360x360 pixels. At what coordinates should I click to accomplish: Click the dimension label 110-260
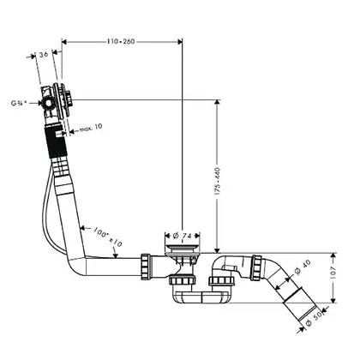click(121, 42)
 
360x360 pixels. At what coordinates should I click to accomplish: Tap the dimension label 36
click(44, 54)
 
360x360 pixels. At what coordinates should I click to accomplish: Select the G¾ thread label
click(19, 103)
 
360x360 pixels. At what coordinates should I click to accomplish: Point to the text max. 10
click(91, 128)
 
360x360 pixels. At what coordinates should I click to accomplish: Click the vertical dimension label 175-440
click(218, 182)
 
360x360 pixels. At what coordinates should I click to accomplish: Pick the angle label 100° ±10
click(107, 237)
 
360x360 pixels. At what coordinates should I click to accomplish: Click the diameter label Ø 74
click(182, 236)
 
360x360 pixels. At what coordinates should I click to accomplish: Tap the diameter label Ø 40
click(303, 267)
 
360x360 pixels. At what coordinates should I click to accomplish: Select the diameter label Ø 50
click(314, 318)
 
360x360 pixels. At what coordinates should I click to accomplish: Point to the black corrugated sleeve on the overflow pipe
click(56, 141)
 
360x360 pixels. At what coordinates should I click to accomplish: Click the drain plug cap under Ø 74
click(183, 247)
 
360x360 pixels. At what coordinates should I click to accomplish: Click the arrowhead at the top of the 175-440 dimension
click(218, 103)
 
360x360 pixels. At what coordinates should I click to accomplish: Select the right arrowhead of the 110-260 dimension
click(179, 42)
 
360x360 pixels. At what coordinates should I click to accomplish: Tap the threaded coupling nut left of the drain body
click(146, 266)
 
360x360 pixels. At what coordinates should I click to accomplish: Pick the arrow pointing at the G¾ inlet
click(36, 104)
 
